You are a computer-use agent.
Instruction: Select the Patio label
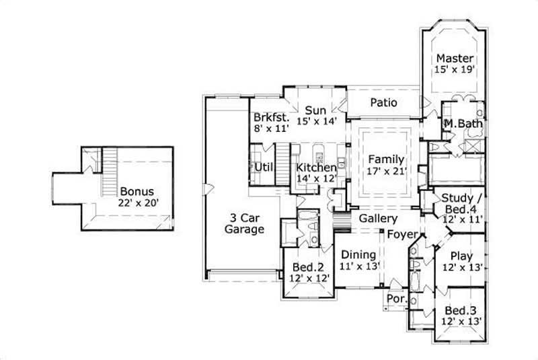point(383,103)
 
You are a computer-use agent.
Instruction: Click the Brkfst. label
point(271,116)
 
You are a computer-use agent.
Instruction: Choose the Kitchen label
point(316,168)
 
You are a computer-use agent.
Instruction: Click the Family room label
point(385,159)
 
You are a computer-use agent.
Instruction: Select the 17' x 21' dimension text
point(385,171)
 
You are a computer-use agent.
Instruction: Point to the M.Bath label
point(461,124)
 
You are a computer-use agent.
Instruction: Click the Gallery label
point(378,219)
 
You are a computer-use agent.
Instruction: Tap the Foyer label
point(401,233)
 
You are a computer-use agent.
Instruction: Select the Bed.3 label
point(461,310)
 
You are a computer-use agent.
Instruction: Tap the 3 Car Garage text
point(245,223)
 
